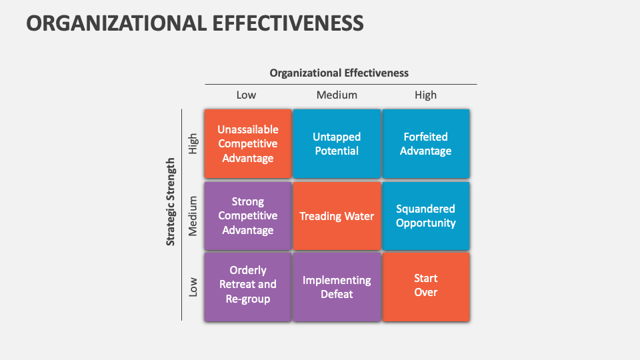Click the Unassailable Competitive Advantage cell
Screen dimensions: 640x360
pyautogui.click(x=248, y=144)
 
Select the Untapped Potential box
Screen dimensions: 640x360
pyautogui.click(x=337, y=144)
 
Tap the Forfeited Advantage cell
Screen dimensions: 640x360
pyautogui.click(x=426, y=144)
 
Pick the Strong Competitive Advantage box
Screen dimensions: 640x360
pyautogui.click(x=248, y=216)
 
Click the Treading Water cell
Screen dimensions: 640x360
pyautogui.click(x=337, y=216)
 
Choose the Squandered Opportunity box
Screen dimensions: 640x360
pyautogui.click(x=426, y=216)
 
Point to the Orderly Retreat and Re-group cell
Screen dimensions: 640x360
pyautogui.click(x=248, y=287)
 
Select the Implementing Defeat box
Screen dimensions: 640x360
pyautogui.click(x=337, y=287)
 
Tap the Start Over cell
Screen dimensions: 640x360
pyautogui.click(x=426, y=287)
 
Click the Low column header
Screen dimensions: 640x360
pyautogui.click(x=246, y=95)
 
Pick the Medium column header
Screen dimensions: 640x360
pyautogui.click(x=337, y=95)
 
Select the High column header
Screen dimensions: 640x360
pyautogui.click(x=426, y=95)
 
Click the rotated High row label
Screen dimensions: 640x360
pyautogui.click(x=193, y=144)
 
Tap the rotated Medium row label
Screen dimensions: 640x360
pyautogui.click(x=192, y=216)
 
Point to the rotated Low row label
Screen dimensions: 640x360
pyautogui.click(x=193, y=287)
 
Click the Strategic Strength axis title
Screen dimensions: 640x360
pyautogui.click(x=171, y=202)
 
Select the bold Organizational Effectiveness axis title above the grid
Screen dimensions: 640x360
pyautogui.click(x=339, y=73)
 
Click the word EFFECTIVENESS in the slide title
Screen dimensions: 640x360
pyautogui.click(x=288, y=23)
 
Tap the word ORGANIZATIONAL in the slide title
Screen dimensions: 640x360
pyautogui.click(x=116, y=23)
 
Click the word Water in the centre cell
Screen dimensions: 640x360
pyautogui.click(x=359, y=216)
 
